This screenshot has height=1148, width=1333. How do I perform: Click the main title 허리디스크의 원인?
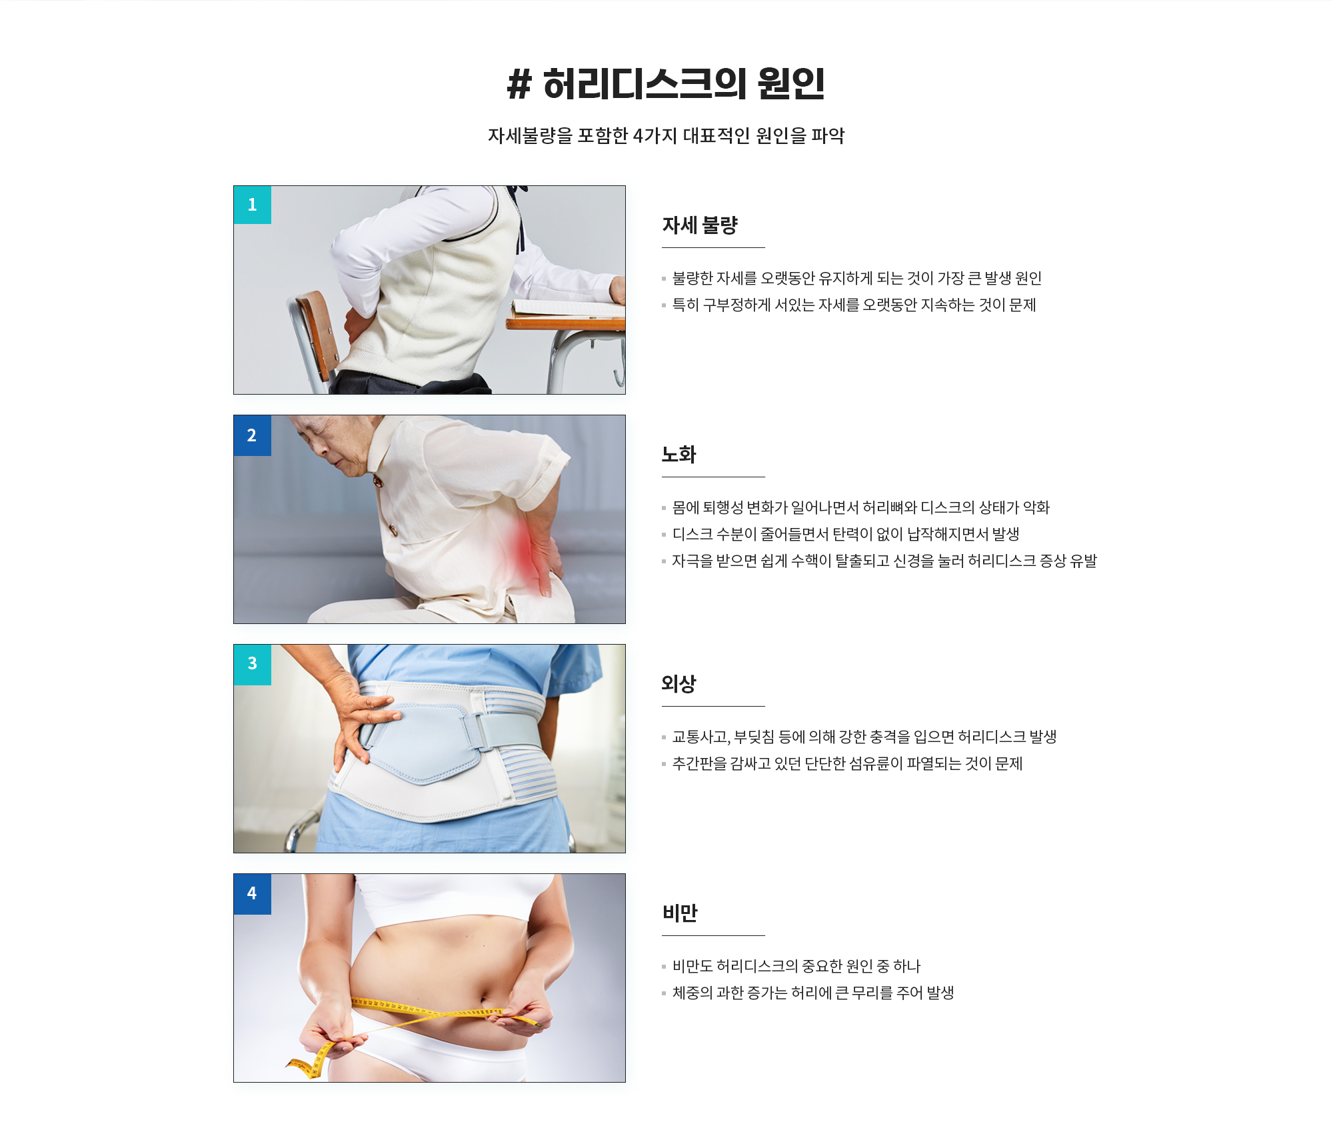tap(684, 84)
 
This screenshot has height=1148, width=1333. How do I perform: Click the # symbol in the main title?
tap(520, 85)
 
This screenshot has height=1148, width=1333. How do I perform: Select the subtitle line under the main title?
tap(666, 136)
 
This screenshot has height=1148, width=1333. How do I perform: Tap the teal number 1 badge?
tap(253, 205)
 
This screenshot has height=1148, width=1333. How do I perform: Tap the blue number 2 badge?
tap(253, 435)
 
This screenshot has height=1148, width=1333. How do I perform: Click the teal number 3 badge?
tap(253, 665)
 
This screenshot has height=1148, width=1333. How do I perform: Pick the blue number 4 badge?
tap(253, 894)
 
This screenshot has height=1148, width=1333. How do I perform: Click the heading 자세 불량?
tap(700, 225)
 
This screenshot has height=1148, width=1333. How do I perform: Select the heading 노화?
tap(679, 455)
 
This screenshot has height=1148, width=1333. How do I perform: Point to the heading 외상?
tap(679, 684)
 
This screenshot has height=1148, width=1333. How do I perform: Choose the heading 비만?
tap(680, 913)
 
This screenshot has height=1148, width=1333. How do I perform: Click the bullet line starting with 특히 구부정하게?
tap(854, 305)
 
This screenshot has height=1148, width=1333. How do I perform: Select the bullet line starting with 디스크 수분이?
tap(846, 535)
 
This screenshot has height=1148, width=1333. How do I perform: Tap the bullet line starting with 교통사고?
tap(864, 737)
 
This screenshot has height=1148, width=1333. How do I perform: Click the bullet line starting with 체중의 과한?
tap(813, 993)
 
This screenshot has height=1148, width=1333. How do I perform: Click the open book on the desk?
tap(568, 308)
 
